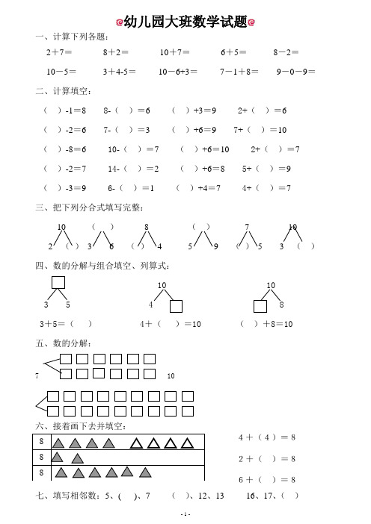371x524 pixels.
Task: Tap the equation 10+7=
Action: click(174, 53)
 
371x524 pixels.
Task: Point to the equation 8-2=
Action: click(286, 53)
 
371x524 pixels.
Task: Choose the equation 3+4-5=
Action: click(120, 72)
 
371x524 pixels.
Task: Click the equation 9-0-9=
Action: click(295, 72)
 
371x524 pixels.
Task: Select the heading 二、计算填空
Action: click(64, 91)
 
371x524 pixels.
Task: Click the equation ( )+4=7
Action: click(198, 188)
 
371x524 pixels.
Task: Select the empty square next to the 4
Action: click(177, 305)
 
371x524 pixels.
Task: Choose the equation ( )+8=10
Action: click(266, 324)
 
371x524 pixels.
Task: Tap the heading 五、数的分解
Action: click(64, 343)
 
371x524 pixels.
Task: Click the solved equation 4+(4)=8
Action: click(266, 437)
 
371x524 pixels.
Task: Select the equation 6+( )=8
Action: click(266, 479)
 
